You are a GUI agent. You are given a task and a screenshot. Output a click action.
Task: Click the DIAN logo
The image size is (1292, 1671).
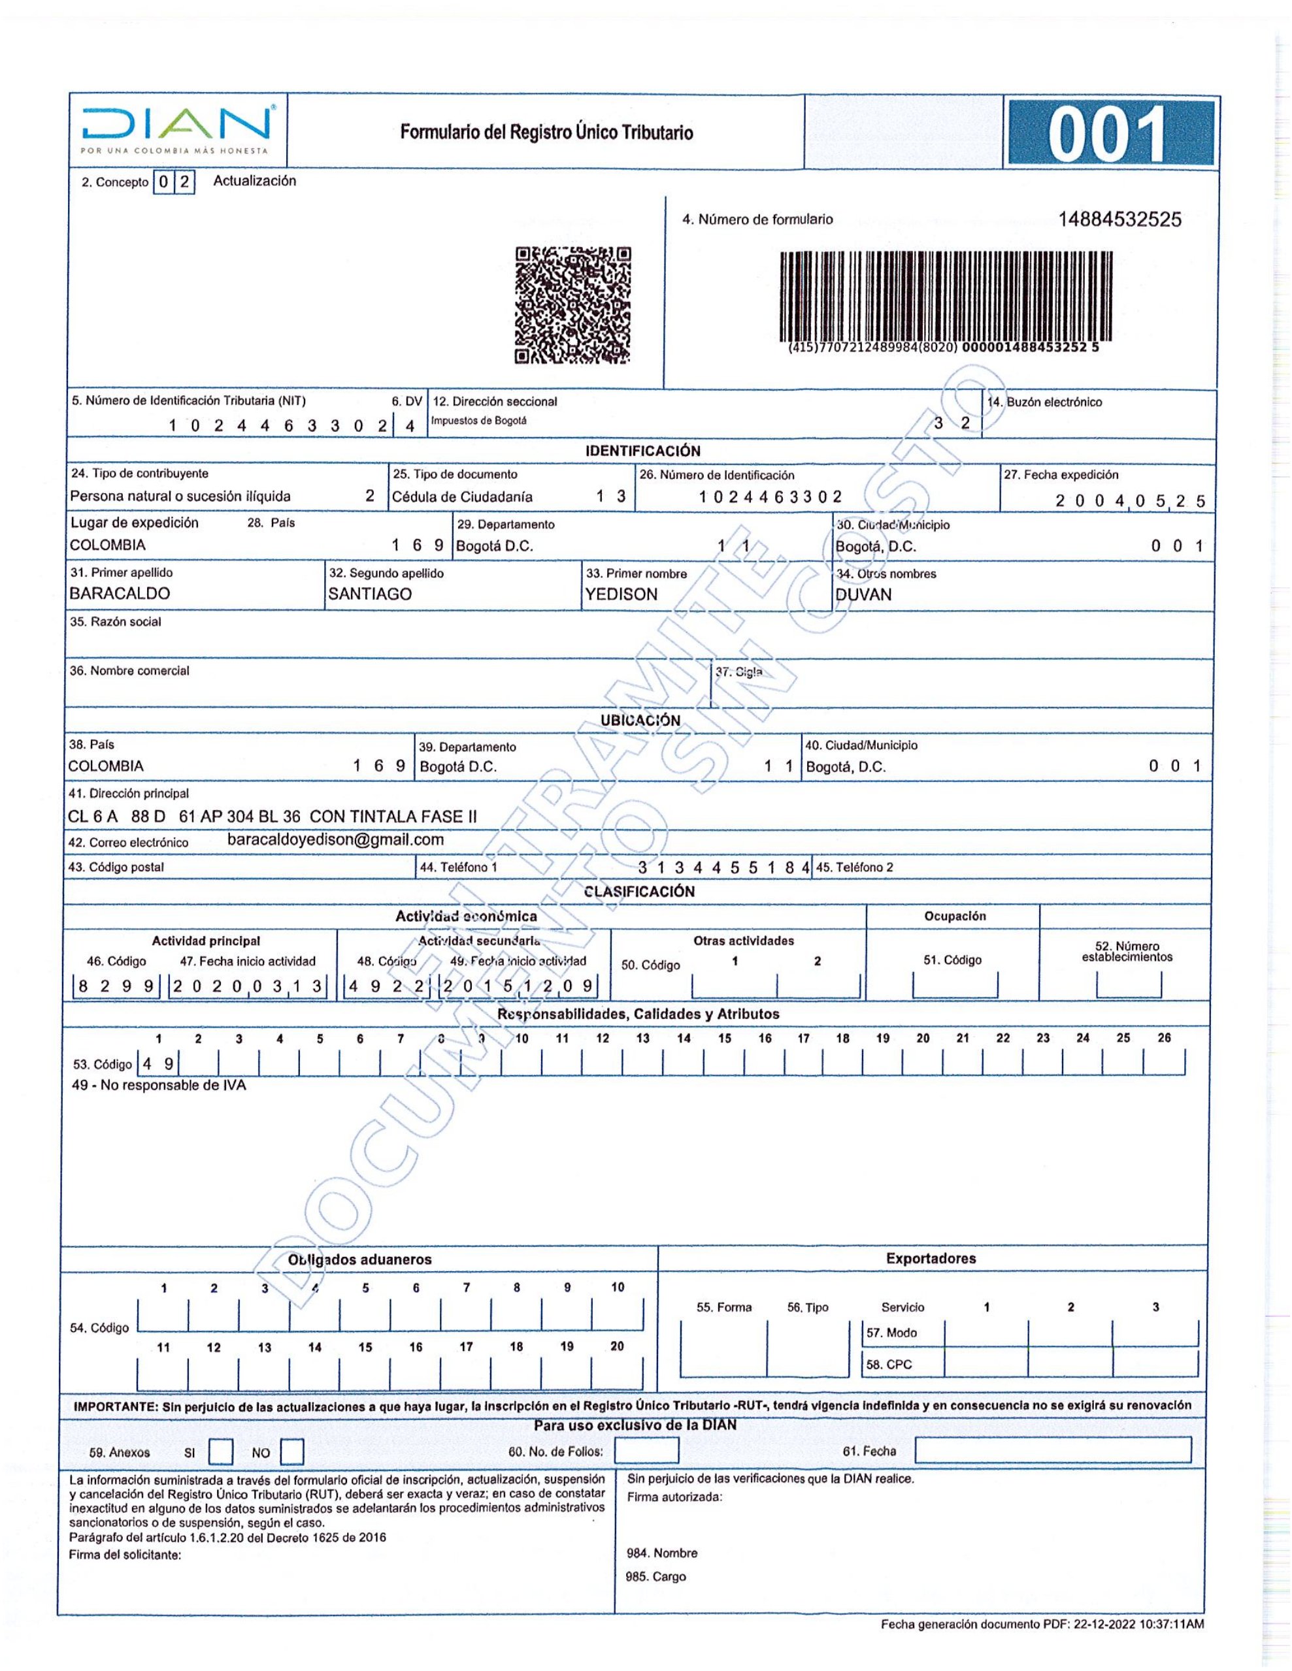coord(178,129)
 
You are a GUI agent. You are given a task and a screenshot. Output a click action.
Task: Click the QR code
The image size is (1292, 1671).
coord(572,304)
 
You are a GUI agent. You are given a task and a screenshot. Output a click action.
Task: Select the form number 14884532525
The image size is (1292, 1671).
coord(1119,219)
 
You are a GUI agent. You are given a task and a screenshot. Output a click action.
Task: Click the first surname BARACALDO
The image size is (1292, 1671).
coord(120,594)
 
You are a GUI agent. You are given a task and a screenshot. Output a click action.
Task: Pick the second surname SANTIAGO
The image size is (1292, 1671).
coord(370,594)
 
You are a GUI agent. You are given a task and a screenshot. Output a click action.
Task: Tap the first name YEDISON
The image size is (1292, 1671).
coord(621,594)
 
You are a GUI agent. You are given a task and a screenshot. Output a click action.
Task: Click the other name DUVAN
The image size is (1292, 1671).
coord(863,594)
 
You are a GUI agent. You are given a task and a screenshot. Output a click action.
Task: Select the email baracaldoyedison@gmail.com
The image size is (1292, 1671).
coord(335,839)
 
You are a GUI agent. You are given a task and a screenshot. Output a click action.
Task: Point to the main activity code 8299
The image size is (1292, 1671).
coord(116,986)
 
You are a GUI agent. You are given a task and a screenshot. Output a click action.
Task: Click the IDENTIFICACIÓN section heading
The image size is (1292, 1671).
coord(642,451)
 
